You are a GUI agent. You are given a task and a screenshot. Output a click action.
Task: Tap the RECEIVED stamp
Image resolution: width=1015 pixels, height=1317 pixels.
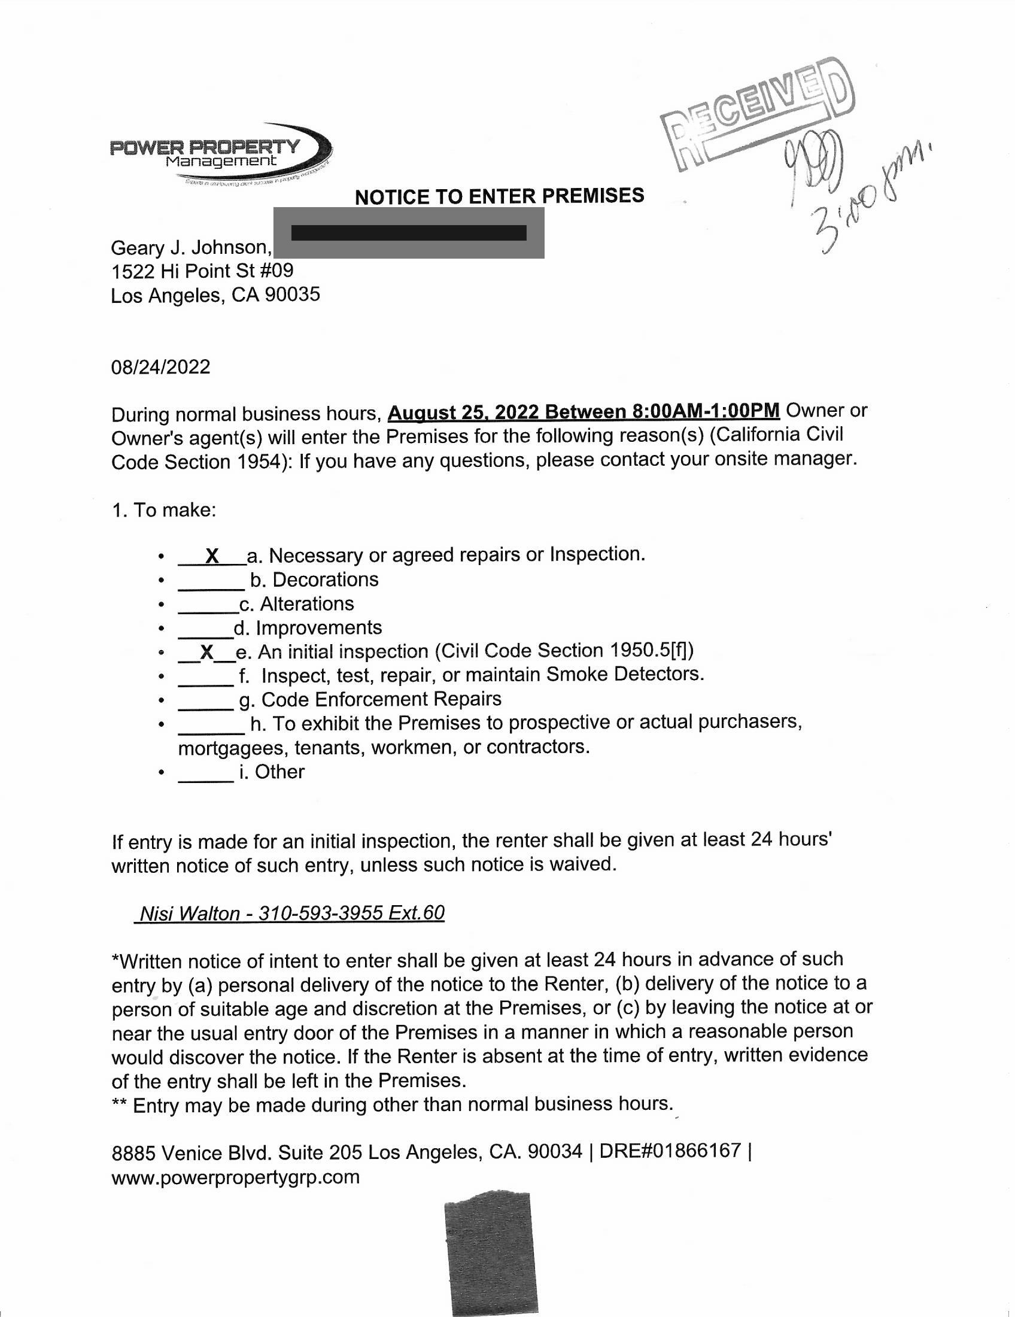757,114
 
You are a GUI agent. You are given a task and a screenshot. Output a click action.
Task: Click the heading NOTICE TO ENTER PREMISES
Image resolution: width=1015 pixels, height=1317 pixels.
499,196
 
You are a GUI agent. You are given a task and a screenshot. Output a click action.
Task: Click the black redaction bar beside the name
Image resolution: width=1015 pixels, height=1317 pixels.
409,233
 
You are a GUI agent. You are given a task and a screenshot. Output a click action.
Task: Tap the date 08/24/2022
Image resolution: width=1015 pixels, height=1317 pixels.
161,366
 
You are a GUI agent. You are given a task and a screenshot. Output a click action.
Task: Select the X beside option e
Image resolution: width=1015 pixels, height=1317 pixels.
206,652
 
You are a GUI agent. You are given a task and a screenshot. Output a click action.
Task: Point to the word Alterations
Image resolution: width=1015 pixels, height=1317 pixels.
307,603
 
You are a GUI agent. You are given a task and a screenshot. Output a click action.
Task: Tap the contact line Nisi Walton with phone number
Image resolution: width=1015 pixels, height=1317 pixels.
291,914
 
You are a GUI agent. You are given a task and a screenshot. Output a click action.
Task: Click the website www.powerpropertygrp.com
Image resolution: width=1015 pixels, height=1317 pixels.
236,1176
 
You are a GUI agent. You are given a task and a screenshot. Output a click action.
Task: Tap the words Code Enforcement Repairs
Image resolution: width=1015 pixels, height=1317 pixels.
381,699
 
